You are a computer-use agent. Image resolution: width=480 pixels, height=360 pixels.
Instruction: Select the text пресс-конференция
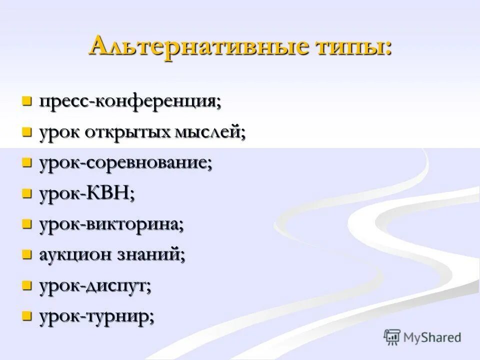tap(129, 102)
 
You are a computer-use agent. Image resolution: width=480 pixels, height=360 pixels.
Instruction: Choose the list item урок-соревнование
tap(125, 163)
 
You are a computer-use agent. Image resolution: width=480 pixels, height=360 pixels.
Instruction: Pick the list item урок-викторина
tap(111, 224)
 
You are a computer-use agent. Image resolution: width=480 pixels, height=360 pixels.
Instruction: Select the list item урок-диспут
tap(95, 286)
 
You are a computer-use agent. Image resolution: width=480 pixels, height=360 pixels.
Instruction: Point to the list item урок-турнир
tap(96, 316)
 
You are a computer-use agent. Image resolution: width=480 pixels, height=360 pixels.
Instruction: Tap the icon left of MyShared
tap(392, 336)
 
